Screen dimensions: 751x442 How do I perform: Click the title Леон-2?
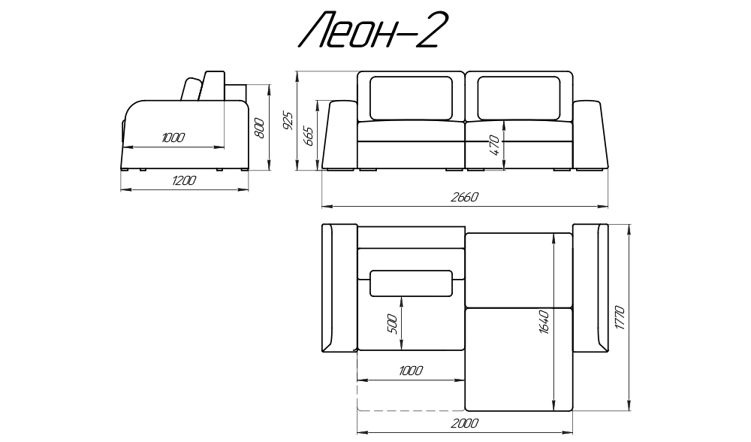368,31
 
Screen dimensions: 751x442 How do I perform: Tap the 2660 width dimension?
464,197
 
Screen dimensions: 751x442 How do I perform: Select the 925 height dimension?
288,120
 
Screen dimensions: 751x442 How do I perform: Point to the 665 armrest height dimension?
309,137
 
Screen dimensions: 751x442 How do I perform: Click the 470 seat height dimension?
494,145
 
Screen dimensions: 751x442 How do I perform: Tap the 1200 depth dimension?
183,180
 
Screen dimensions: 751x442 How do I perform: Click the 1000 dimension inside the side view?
173,138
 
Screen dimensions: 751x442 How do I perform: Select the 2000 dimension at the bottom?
464,423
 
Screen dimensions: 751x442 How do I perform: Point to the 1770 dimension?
619,317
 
